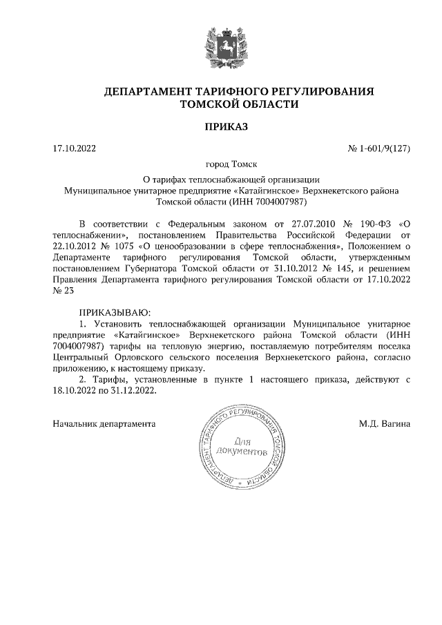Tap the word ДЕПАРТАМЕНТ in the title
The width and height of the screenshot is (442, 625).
(x=146, y=91)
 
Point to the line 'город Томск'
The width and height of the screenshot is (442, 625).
(x=231, y=164)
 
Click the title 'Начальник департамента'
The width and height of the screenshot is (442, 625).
(x=104, y=423)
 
